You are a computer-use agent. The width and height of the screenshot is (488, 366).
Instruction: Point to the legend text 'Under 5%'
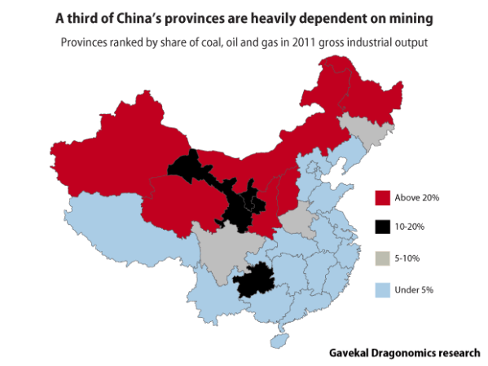click(x=412, y=289)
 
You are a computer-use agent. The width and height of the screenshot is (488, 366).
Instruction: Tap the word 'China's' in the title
click(x=146, y=16)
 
